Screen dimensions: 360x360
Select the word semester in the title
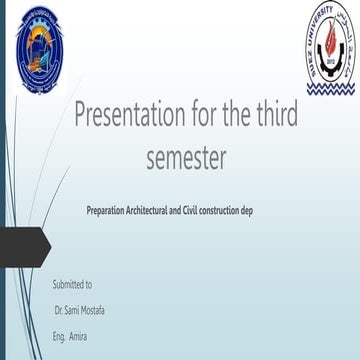click(x=185, y=156)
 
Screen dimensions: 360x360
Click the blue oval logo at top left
click(x=40, y=49)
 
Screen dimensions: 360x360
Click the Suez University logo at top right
click(x=329, y=47)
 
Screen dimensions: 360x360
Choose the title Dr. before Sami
click(x=60, y=310)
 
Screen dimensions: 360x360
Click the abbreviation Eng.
click(x=59, y=336)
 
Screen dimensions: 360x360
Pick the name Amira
click(x=78, y=336)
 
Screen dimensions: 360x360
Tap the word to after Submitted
click(x=88, y=285)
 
